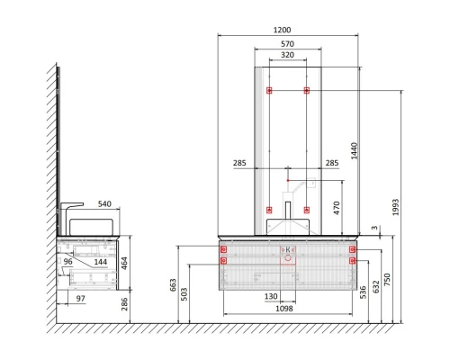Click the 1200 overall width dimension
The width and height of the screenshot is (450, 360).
click(283, 30)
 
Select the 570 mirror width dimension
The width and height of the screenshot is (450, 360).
click(287, 44)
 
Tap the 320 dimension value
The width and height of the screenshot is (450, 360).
click(287, 55)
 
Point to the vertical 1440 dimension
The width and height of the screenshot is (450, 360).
click(355, 151)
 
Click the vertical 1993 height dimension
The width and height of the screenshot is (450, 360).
click(396, 207)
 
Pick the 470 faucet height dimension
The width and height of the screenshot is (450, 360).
click(337, 208)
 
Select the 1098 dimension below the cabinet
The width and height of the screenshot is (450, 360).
click(284, 309)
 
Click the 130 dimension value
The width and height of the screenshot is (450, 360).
click(271, 296)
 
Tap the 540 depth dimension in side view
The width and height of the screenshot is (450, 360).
click(104, 204)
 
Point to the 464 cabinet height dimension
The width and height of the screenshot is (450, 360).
click(124, 264)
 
